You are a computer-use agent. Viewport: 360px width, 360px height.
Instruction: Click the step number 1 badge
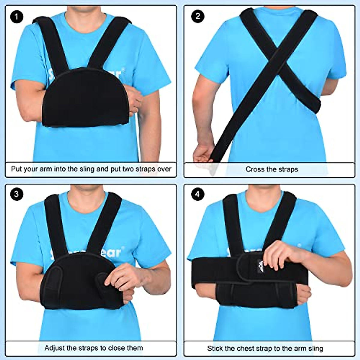(16, 16)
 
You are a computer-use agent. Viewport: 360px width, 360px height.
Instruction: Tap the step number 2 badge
(197, 16)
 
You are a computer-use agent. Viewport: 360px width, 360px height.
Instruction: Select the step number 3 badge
(16, 194)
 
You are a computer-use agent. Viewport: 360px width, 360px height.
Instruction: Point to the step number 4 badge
(197, 194)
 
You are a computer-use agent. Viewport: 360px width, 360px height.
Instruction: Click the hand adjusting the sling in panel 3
(123, 277)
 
